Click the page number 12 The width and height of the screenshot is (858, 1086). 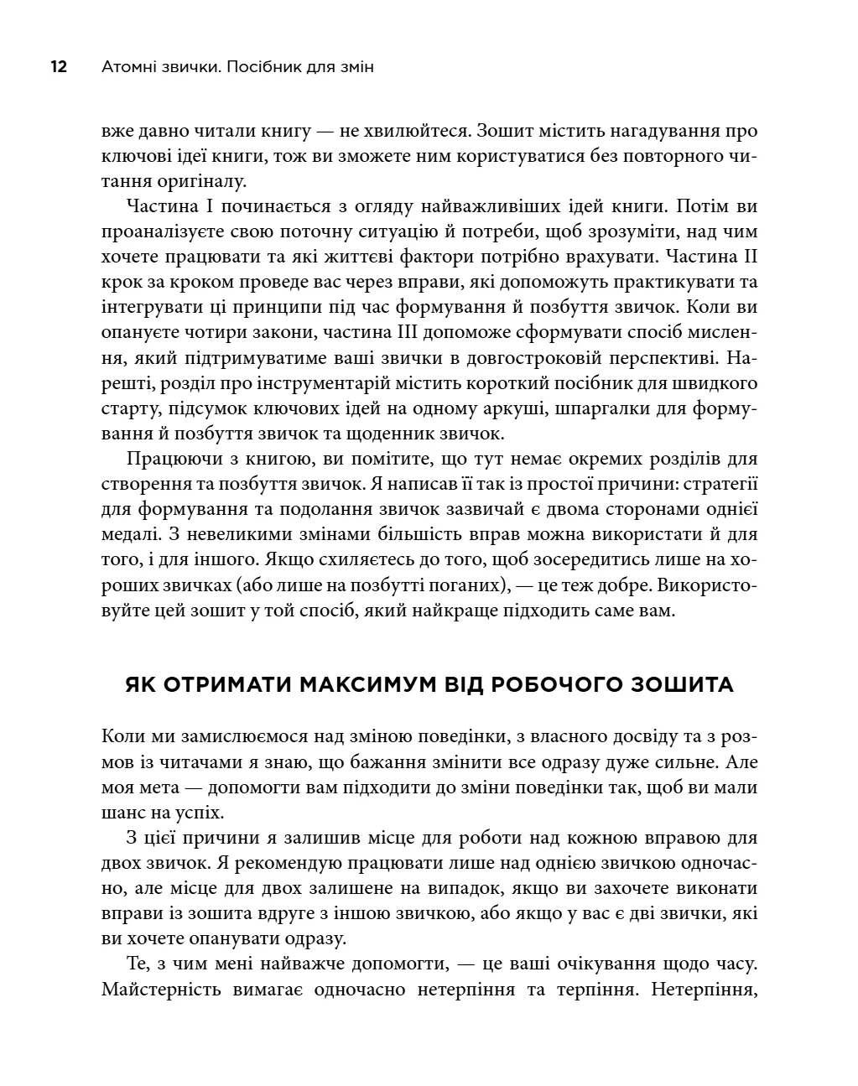pyautogui.click(x=59, y=67)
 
